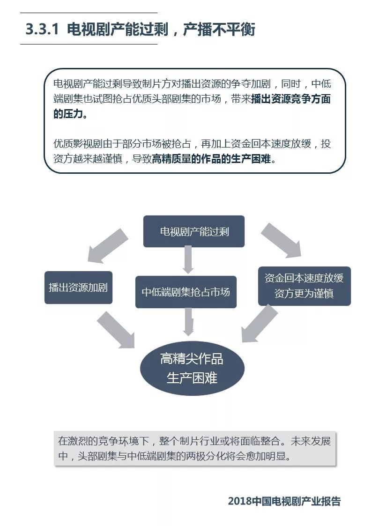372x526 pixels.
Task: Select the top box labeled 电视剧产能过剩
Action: click(x=194, y=231)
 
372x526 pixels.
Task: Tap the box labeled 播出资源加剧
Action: click(x=78, y=288)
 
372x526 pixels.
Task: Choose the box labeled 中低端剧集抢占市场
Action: click(x=186, y=292)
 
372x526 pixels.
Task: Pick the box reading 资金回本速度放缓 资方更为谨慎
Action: click(x=304, y=286)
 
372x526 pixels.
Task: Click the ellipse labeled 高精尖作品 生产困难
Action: click(x=192, y=368)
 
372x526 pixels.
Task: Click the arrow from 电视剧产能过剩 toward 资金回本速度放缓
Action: click(x=282, y=241)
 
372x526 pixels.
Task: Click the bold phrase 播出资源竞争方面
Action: click(x=291, y=99)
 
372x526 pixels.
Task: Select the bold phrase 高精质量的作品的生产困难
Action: click(x=212, y=159)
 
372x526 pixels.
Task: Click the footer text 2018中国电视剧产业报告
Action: click(x=284, y=501)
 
